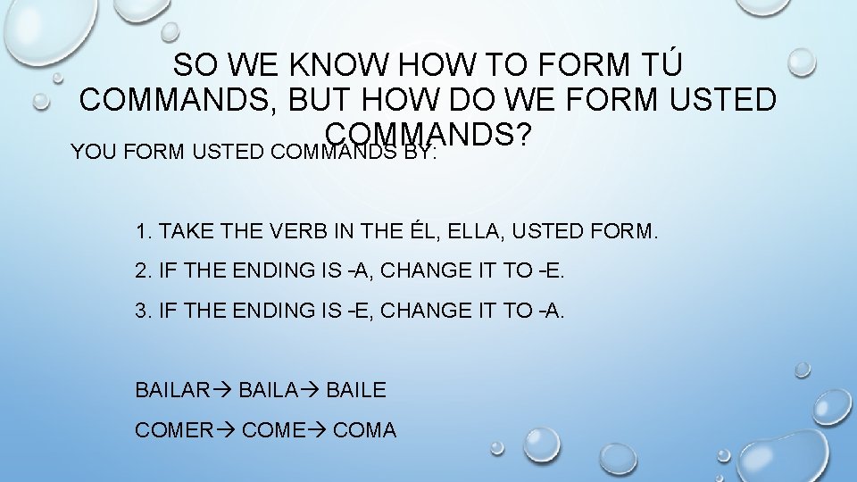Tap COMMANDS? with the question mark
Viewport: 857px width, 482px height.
(x=429, y=134)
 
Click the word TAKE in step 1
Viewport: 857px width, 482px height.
(x=188, y=233)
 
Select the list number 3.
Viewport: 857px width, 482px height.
(x=141, y=312)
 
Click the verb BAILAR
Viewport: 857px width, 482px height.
(x=171, y=390)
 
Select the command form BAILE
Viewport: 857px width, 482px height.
(x=356, y=390)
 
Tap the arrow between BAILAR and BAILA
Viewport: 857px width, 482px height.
(x=223, y=390)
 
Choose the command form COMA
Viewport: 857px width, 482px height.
(x=364, y=430)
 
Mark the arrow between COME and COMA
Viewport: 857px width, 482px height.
(x=318, y=430)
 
